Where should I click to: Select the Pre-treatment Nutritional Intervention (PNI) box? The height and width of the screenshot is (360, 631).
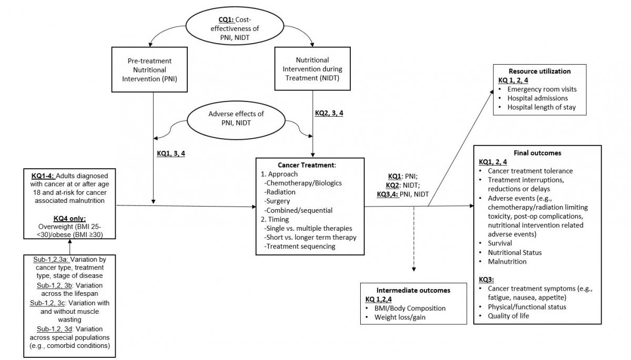click(x=150, y=70)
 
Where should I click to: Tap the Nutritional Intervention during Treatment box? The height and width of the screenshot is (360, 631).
click(x=313, y=69)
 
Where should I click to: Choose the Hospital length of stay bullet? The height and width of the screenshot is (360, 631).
click(x=541, y=107)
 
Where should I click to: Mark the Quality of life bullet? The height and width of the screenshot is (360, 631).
click(x=508, y=316)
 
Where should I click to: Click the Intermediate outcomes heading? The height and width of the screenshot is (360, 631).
click(x=413, y=290)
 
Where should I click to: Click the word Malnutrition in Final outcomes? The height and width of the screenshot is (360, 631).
click(x=507, y=261)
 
